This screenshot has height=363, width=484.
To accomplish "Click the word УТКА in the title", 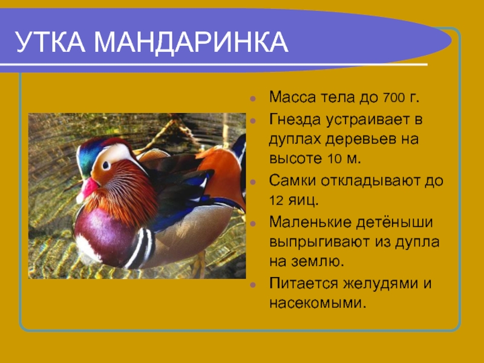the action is coord(50,42).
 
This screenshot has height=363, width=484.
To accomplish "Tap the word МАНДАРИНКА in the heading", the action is coord(191,42).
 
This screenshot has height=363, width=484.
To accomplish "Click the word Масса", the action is coord(293,97).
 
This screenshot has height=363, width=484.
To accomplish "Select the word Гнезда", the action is coord(295,119).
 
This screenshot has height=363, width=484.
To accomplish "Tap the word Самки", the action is coord(292,181).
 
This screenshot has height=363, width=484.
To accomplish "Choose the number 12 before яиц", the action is coord(276,201).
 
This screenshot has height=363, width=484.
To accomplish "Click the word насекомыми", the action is coord(318,303).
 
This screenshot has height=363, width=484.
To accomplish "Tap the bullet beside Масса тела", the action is coord(253,99).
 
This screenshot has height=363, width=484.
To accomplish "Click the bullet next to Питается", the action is coord(253,284).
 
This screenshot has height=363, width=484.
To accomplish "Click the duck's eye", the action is coord(106,165).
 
